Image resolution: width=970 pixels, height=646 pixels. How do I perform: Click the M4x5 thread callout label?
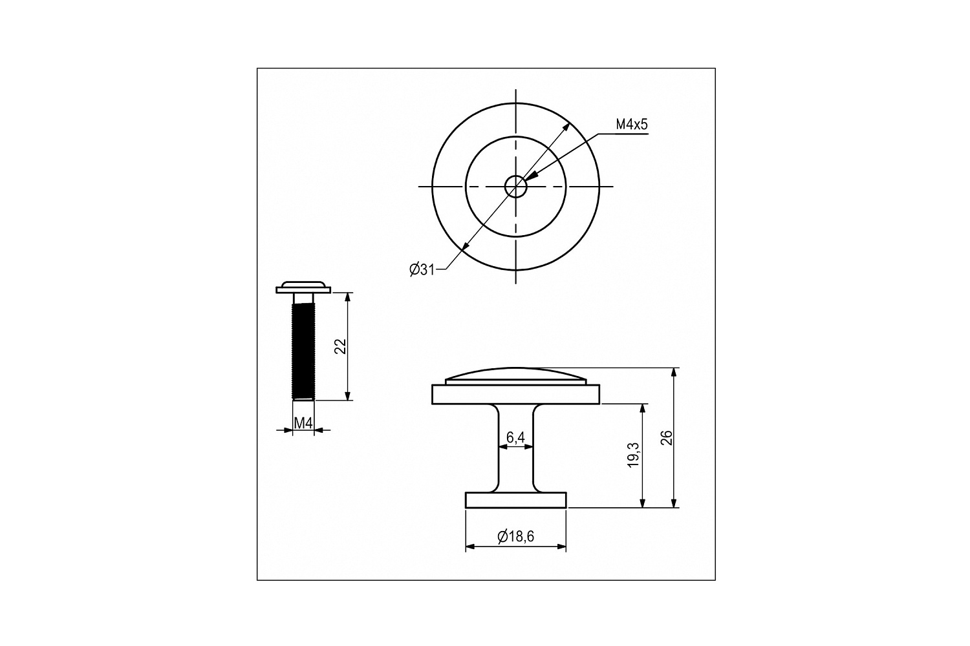632,125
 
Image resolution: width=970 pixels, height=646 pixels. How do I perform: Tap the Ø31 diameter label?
422,269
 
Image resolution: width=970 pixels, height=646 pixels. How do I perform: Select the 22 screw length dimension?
341,346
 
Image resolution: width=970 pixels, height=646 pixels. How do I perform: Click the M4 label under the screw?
303,422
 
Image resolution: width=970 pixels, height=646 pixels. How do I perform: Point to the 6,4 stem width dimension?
515,437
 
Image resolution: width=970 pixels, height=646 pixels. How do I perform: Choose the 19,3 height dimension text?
634,455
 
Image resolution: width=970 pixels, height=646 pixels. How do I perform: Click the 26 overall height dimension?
666,437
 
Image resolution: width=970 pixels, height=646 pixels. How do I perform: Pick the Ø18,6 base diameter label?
516,537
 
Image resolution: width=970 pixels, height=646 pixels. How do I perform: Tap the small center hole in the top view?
516,187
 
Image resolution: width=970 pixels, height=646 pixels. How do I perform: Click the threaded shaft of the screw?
303,351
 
